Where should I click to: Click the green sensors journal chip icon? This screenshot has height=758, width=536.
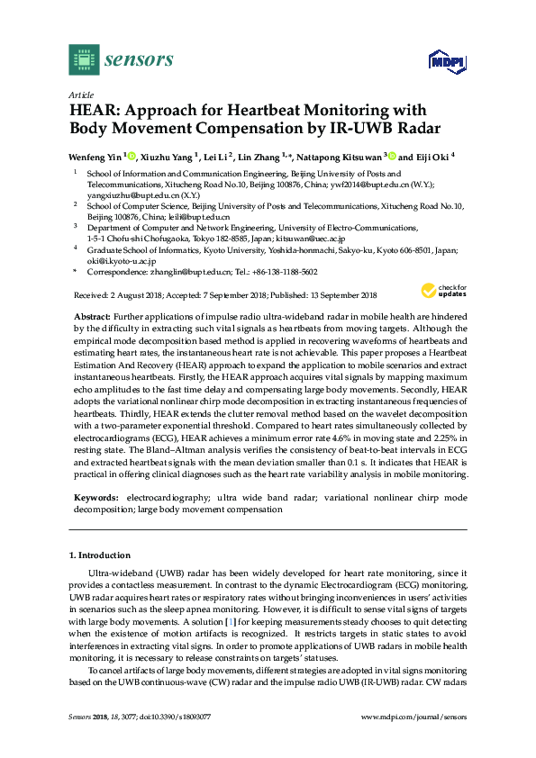84,59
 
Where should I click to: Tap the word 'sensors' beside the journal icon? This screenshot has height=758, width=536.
139,60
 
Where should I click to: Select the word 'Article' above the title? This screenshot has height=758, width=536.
80,95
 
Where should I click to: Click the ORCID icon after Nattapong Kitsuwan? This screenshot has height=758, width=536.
391,155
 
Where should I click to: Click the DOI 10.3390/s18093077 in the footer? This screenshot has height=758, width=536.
176,742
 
